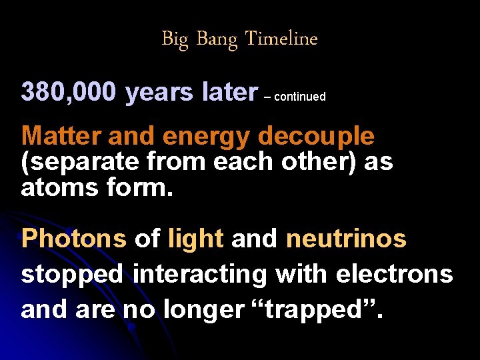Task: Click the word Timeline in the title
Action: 281,39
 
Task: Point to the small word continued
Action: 299,97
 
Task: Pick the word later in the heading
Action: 229,93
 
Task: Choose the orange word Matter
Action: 61,136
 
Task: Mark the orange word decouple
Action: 316,137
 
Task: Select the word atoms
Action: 58,188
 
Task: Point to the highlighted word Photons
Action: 73,239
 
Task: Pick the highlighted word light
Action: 196,239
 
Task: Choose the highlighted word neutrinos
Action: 346,239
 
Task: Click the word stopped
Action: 74,275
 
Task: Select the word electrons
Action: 395,274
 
